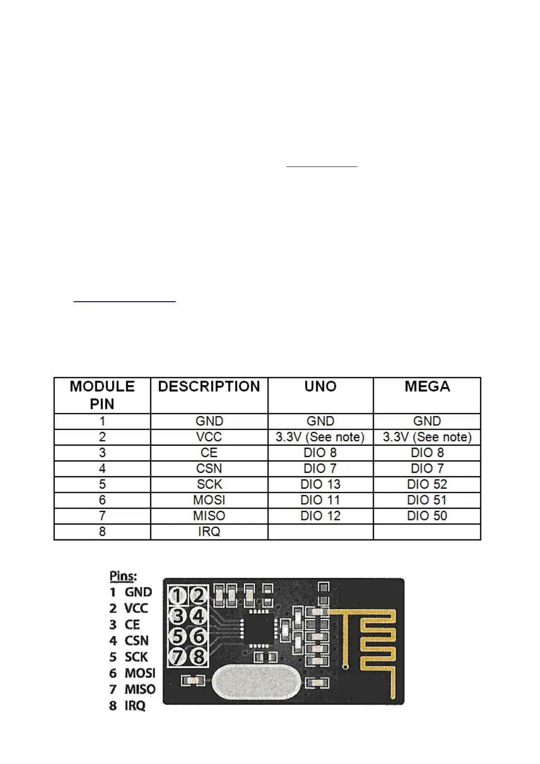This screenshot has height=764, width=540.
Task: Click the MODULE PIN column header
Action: [x=102, y=395]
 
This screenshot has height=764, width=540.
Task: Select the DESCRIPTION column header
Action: [x=209, y=387]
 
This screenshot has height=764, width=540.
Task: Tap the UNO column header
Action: [x=320, y=387]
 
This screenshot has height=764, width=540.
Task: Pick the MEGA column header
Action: [x=427, y=387]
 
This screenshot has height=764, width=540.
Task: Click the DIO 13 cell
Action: [x=320, y=484]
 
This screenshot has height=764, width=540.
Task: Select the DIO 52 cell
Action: [x=427, y=484]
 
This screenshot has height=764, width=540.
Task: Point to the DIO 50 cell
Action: [x=427, y=516]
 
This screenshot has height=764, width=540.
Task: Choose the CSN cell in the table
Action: [x=209, y=468]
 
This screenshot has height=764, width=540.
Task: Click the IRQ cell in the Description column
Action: [x=209, y=531]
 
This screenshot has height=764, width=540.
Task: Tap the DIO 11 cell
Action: [x=320, y=500]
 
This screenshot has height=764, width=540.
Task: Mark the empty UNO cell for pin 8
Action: [x=320, y=532]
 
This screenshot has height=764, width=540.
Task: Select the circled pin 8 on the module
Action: [x=198, y=656]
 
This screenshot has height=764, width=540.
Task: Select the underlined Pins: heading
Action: [x=123, y=576]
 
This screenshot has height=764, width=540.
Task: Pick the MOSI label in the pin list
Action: [x=140, y=673]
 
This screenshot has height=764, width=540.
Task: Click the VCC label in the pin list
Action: [x=136, y=608]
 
